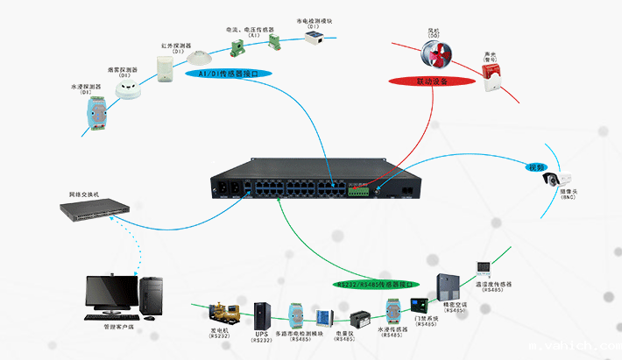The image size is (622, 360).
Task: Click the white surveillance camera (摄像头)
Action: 558,179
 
